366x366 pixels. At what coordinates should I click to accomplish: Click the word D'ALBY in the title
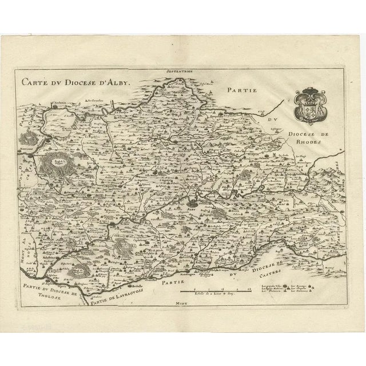pyautogui.click(x=117, y=81)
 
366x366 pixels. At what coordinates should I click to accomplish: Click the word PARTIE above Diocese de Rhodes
pyautogui.click(x=242, y=90)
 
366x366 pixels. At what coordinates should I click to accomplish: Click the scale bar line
pyautogui.click(x=214, y=291)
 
